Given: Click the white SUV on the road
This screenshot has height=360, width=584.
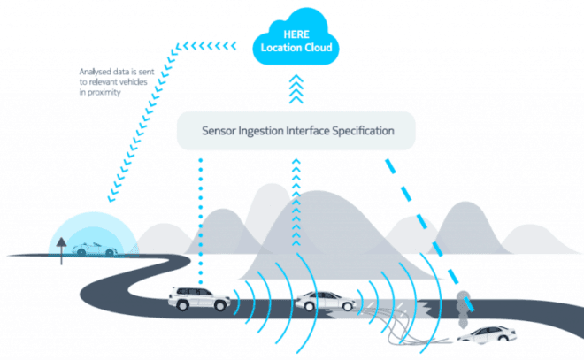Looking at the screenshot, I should coord(199,298).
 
